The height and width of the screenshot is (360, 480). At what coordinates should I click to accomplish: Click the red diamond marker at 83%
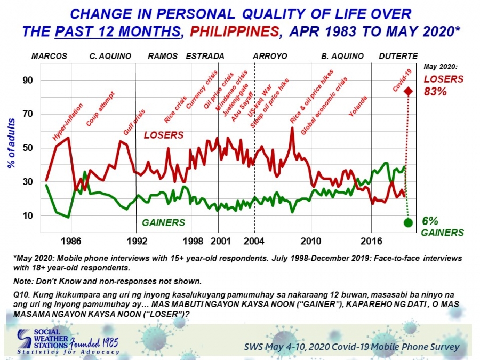tap(409, 91)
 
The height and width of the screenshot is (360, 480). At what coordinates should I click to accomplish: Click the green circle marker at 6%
tap(409, 222)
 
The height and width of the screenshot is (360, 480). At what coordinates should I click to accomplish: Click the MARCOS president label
tap(49, 56)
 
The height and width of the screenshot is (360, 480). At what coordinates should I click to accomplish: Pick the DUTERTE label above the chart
tap(398, 56)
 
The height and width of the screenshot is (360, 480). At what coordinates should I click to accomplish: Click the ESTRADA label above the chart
tap(205, 56)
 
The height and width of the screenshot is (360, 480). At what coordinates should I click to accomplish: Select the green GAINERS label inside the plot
tap(164, 222)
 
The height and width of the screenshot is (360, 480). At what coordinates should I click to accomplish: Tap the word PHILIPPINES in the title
tap(235, 32)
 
